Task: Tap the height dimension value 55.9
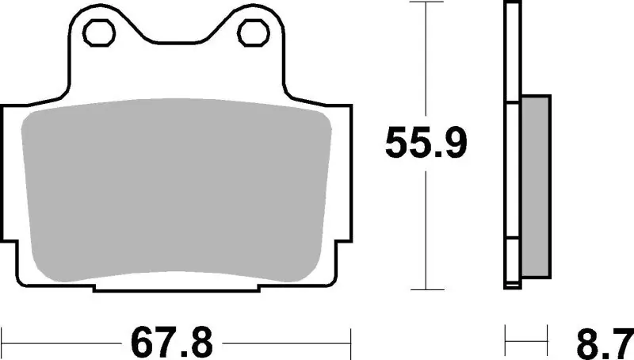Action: coord(426,143)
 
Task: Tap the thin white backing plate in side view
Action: coord(512,143)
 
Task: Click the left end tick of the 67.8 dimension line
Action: coord(2,342)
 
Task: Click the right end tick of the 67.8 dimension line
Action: coord(350,342)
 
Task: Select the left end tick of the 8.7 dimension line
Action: coord(505,342)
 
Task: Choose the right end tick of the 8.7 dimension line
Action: coord(548,342)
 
